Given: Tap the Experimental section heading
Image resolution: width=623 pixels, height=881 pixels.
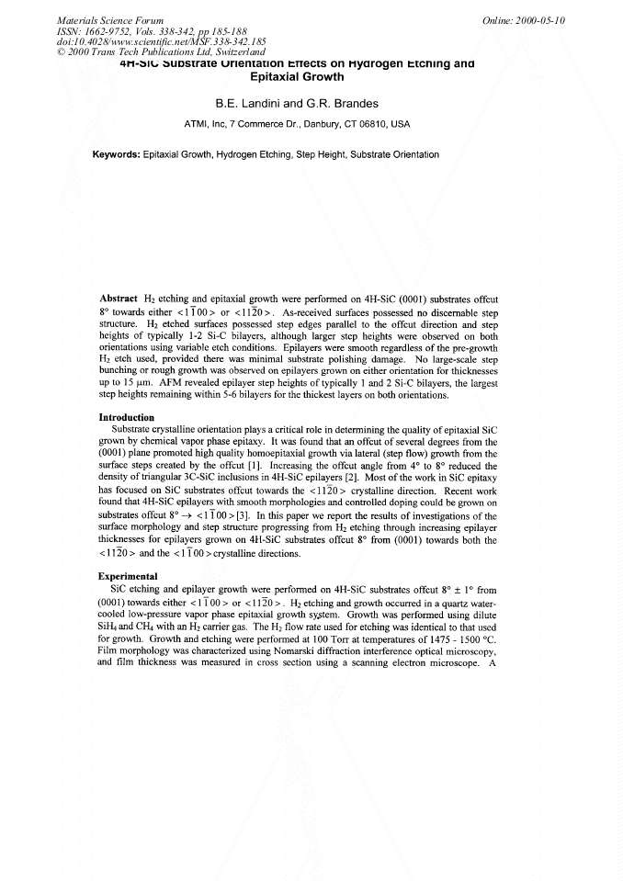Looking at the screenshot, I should tap(129, 578).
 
